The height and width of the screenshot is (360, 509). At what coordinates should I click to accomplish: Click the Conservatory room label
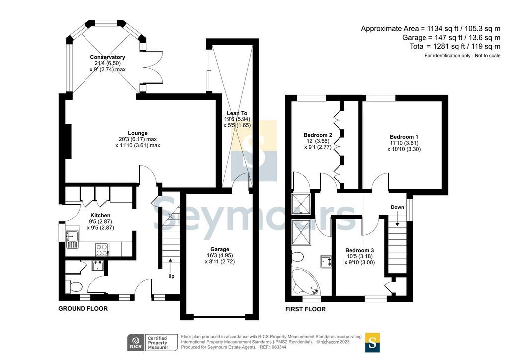click(107, 57)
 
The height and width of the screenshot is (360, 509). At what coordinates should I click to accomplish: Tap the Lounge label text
click(138, 133)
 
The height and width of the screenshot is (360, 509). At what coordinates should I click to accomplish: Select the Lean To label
click(237, 113)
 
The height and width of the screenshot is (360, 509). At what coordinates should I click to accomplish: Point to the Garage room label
click(220, 249)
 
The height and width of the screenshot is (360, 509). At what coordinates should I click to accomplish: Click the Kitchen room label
click(100, 215)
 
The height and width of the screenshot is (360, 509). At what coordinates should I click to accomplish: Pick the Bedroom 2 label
click(318, 135)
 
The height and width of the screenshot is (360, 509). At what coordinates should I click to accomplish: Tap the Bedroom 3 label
click(360, 250)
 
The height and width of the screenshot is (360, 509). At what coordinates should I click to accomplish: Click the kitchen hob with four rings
click(102, 249)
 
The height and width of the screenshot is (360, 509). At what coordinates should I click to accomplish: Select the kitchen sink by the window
click(72, 239)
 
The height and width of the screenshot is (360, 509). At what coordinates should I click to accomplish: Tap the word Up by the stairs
click(171, 276)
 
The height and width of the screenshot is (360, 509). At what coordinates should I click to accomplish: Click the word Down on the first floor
click(397, 207)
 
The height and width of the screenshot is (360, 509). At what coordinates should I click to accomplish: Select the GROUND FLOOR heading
click(83, 309)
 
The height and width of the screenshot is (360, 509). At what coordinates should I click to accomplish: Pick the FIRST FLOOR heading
click(306, 309)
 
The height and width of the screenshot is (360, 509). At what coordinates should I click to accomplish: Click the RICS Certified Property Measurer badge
click(153, 343)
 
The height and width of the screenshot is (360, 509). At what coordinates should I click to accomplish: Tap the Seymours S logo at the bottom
click(373, 343)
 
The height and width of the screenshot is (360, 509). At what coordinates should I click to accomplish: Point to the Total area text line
click(455, 46)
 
